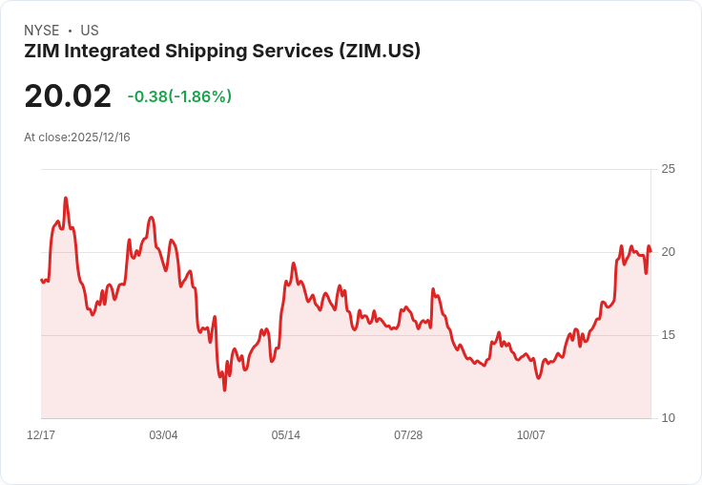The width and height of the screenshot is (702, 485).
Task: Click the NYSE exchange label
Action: tap(42, 31)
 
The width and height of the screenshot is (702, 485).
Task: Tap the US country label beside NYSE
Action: tap(90, 31)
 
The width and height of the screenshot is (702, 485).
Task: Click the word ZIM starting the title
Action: tap(41, 52)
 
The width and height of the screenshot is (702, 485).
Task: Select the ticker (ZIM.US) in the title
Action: tap(380, 52)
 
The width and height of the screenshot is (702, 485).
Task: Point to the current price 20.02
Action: tap(68, 95)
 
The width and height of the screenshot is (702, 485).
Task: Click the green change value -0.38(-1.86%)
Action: tap(179, 96)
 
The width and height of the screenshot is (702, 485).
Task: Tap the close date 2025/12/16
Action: tap(100, 137)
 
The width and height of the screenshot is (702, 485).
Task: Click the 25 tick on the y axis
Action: tap(668, 169)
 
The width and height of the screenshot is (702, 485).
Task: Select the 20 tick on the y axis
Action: tap(668, 252)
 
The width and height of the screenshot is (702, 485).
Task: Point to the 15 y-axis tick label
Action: tap(668, 335)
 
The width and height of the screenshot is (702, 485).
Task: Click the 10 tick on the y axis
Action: tap(668, 418)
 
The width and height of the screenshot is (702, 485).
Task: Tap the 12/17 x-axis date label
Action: tap(41, 435)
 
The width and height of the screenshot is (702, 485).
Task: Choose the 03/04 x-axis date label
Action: tap(163, 435)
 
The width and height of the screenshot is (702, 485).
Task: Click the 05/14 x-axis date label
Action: tap(285, 435)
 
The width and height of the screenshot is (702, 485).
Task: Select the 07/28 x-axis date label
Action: tap(408, 435)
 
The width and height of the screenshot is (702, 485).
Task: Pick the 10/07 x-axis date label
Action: tap(530, 435)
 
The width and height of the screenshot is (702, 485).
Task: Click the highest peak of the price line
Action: tap(66, 199)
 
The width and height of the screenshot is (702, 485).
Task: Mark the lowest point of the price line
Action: tap(225, 390)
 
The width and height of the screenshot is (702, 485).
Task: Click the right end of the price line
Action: tap(650, 251)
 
